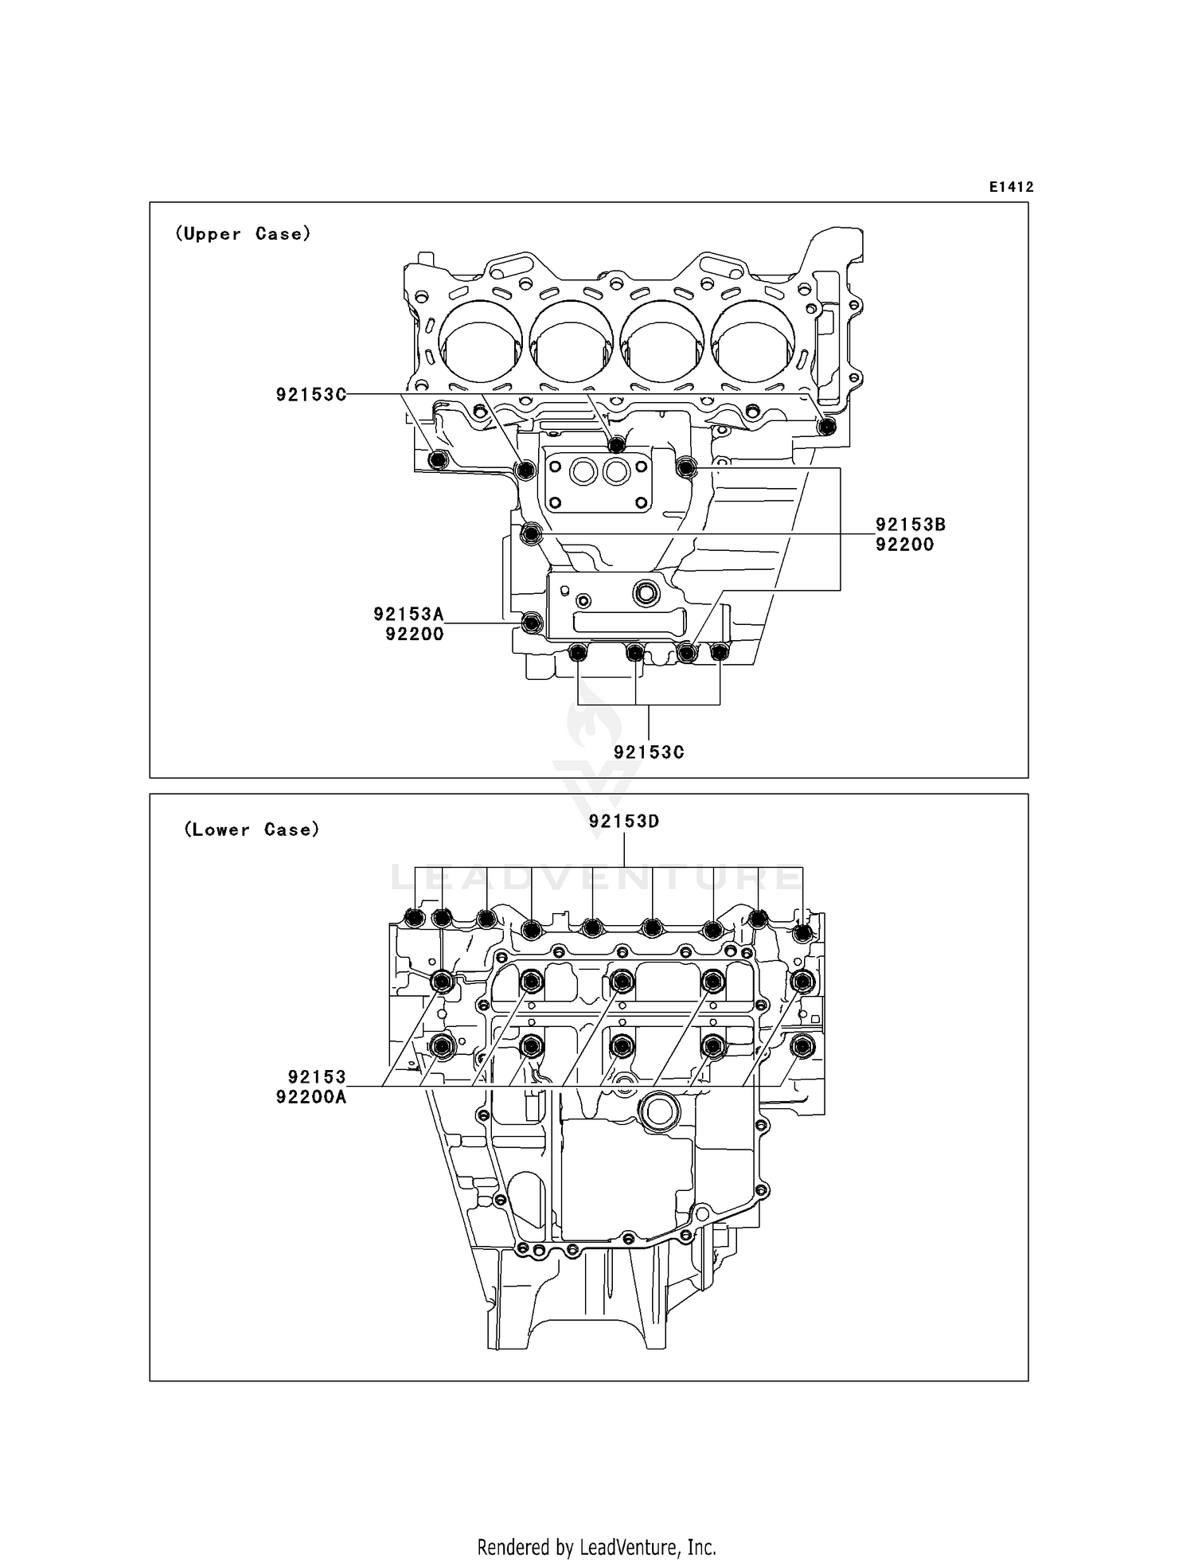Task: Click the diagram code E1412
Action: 1011,187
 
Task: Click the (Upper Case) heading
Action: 243,234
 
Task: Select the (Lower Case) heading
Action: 252,830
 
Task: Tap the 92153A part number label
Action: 408,614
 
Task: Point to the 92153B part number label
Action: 911,525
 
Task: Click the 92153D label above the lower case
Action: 624,822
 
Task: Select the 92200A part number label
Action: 311,1097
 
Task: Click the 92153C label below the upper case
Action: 649,752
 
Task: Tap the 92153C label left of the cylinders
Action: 311,395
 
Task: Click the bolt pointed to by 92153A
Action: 532,623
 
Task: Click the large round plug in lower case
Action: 659,1112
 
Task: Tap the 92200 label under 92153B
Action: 904,545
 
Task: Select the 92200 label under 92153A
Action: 414,635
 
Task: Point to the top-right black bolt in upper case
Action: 827,428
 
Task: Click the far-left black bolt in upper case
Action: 438,460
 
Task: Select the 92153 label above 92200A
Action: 317,1077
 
